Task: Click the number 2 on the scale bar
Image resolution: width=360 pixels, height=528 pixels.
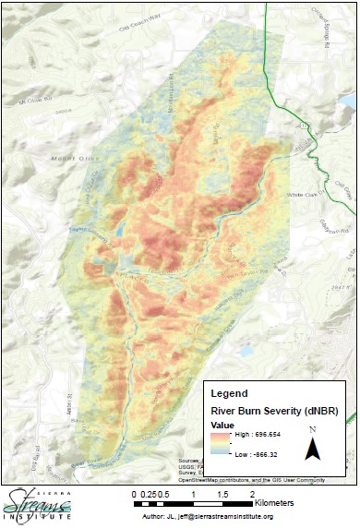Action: (x=252, y=494)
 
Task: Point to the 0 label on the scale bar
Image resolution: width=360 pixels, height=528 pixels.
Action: (x=135, y=494)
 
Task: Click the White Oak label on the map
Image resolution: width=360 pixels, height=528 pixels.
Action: (x=302, y=196)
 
